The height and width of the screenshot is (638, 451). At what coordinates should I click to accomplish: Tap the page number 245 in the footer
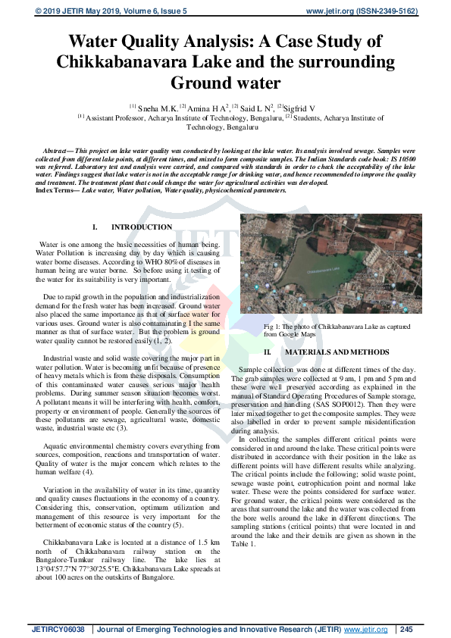click(406, 629)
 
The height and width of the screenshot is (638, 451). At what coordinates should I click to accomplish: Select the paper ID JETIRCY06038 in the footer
click(58, 629)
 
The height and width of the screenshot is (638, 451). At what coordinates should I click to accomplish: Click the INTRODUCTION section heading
click(141, 227)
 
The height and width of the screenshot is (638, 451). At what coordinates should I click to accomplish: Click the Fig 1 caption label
click(276, 325)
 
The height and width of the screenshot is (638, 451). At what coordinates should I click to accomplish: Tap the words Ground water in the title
click(225, 82)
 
